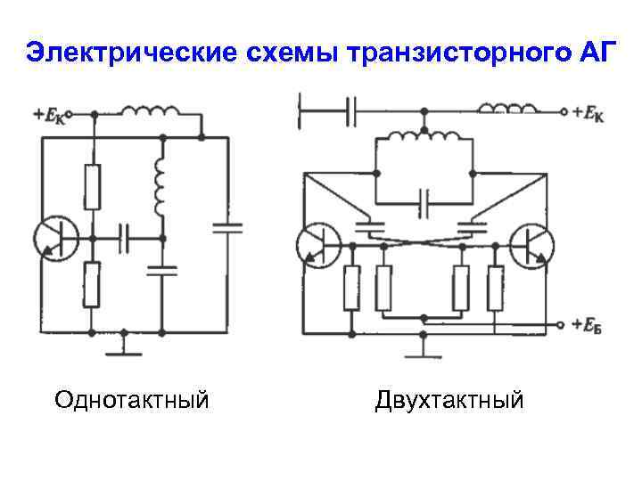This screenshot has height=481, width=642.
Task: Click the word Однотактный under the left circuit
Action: coord(131,399)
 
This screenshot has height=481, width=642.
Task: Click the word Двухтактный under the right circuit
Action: coord(449,399)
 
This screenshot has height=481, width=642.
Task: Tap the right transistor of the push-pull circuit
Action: coord(531,243)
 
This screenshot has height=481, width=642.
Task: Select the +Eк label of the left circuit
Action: coord(49,115)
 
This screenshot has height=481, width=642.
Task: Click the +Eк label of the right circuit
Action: coord(588,113)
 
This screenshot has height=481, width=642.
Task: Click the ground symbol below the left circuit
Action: coord(125,349)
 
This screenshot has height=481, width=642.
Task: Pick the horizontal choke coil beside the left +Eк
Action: coord(149,112)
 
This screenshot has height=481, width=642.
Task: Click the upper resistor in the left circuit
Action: coord(91,186)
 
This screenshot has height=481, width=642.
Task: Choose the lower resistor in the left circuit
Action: coord(91,283)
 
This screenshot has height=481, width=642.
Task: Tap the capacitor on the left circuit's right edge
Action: coord(227,227)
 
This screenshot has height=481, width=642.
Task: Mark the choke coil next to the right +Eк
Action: coord(508,110)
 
